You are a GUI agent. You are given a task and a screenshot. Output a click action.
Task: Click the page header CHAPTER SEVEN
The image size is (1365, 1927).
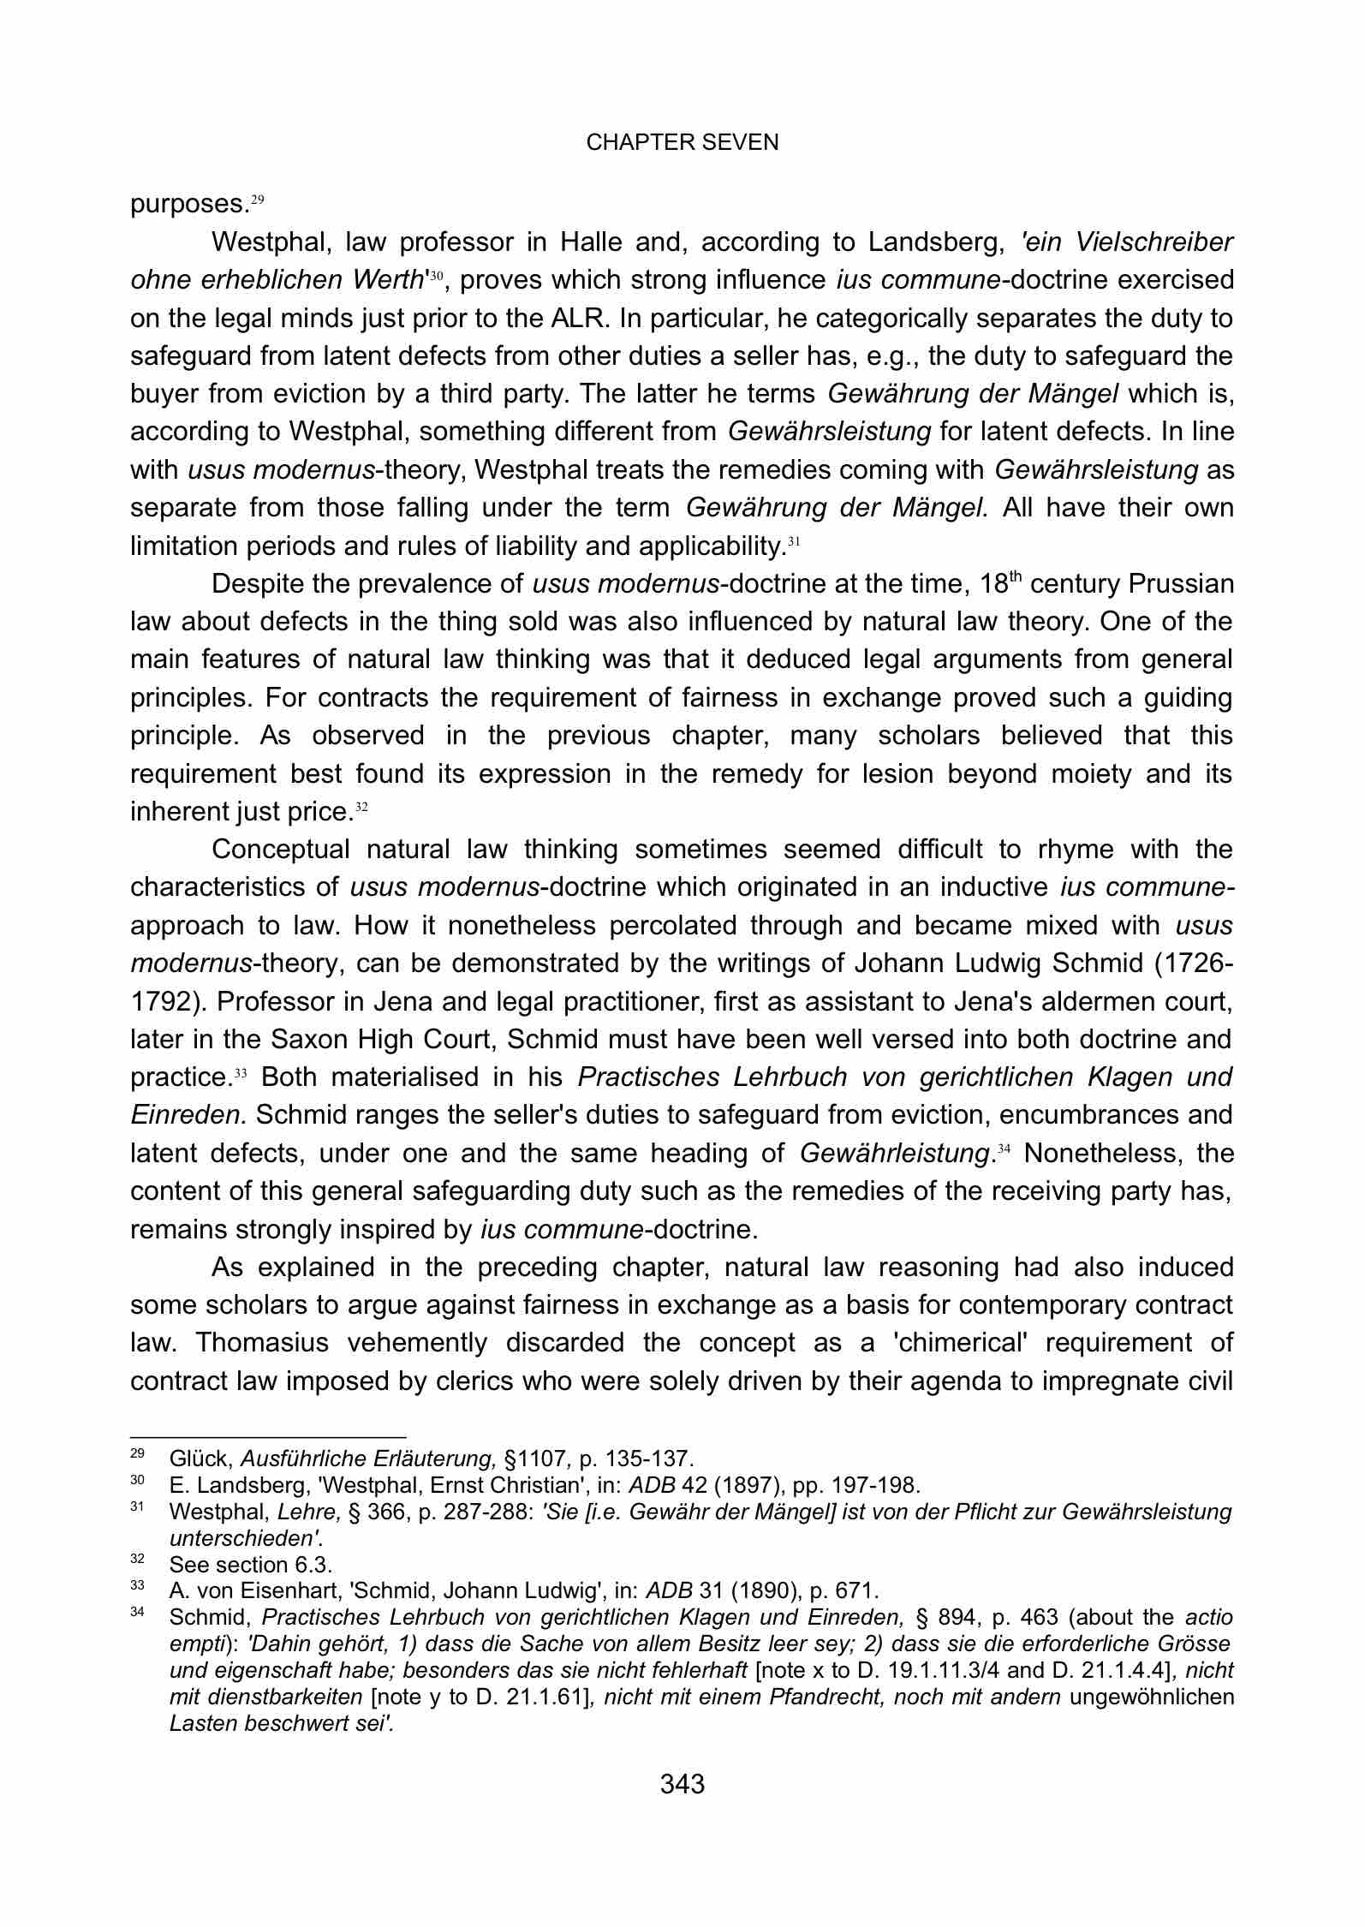[x=682, y=142]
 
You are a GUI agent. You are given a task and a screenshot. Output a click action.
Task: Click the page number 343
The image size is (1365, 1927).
[x=682, y=1784]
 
